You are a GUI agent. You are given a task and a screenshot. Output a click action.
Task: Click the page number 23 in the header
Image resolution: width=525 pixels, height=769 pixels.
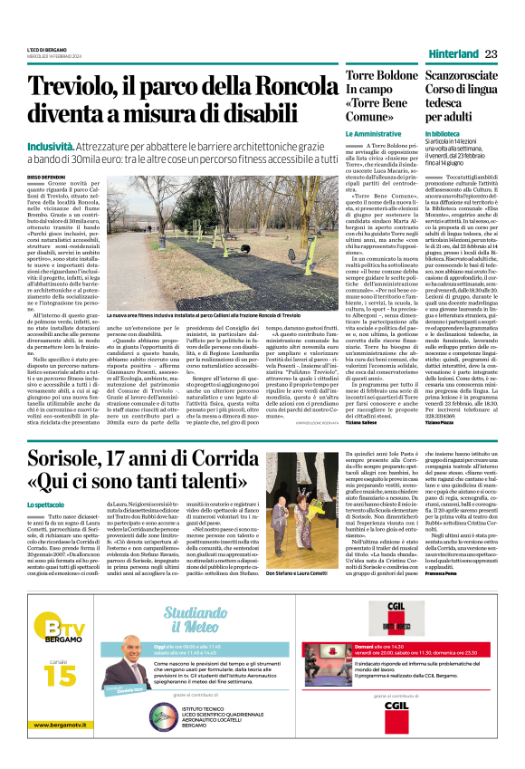(x=491, y=54)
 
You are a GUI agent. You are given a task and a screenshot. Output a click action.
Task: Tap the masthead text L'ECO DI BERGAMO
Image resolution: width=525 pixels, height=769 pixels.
(x=47, y=48)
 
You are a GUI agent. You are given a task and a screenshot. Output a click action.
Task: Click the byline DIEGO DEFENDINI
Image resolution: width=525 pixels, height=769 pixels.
(x=46, y=177)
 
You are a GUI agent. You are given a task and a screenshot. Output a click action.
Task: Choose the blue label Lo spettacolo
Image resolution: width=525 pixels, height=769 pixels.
(x=46, y=504)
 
